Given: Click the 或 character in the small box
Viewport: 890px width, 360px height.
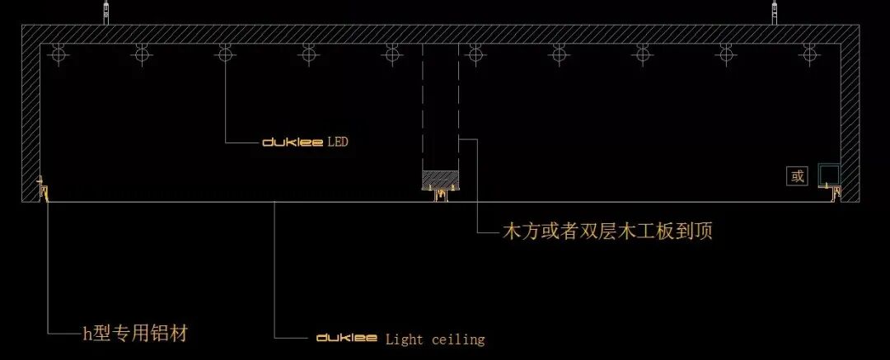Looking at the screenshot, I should [797, 175].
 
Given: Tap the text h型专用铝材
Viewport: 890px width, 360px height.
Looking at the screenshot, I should [136, 334].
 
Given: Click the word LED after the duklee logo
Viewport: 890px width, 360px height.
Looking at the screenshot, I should [338, 143].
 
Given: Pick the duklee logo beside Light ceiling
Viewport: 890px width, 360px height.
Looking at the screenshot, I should [347, 339].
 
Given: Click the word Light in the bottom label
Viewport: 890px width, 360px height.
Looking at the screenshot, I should [404, 339].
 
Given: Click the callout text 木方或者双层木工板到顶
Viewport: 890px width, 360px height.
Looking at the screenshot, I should [607, 231].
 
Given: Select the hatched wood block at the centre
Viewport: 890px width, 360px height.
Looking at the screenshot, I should [439, 178].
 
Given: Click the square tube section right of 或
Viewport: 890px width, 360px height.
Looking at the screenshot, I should [828, 175].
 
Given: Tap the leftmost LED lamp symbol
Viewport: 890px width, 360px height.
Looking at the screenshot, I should [58, 54].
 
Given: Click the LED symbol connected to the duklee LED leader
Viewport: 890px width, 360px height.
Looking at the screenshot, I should [225, 54].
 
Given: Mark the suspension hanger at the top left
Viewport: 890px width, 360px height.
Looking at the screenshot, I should [105, 12].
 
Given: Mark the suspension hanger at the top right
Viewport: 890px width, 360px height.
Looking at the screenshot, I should [775, 12].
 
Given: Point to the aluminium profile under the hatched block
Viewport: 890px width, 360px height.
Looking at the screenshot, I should [438, 194].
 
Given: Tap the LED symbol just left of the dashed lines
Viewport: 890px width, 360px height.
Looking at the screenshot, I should [392, 54].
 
